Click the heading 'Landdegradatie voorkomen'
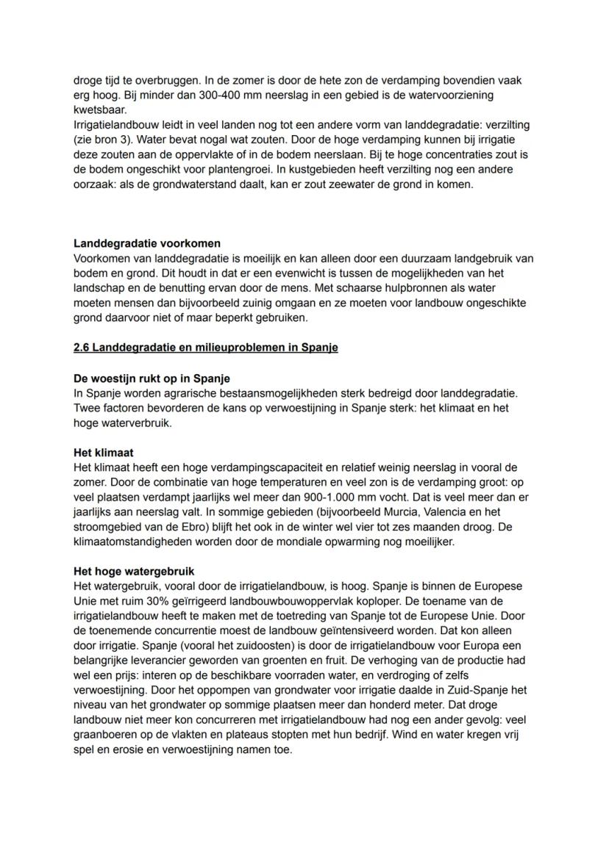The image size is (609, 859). point(147,243)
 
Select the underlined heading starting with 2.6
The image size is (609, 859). point(206,348)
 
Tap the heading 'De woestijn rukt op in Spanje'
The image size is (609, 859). point(152,379)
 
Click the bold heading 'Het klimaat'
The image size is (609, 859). point(104,453)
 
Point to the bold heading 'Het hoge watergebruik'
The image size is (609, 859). point(134,571)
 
